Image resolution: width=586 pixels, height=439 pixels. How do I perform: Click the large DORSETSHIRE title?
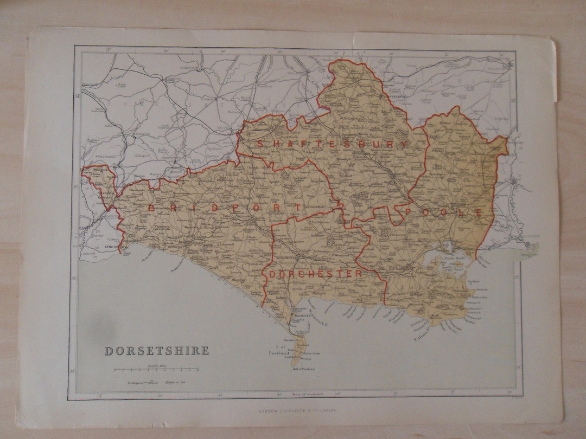[x=156, y=351]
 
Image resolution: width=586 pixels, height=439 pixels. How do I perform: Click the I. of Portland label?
[x=280, y=350]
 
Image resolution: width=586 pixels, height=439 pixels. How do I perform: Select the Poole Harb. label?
[x=454, y=258]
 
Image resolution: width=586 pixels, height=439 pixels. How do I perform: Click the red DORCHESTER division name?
[x=315, y=274]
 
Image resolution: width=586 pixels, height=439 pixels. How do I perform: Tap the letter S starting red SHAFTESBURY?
[x=261, y=144]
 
